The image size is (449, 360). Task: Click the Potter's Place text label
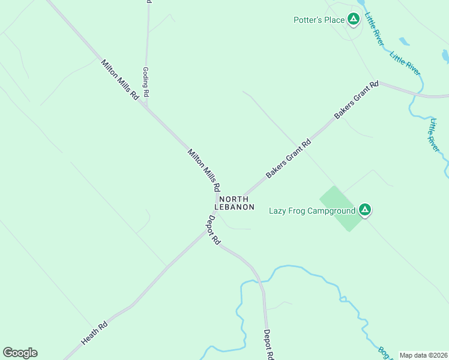click(x=319, y=20)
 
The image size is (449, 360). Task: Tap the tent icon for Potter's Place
click(x=354, y=20)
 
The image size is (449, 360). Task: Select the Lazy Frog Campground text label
click(x=311, y=210)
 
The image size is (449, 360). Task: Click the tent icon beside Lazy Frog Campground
click(x=364, y=210)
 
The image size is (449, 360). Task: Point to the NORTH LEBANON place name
click(x=236, y=203)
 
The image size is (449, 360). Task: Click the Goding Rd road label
click(x=145, y=82)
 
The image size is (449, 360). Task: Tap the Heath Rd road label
click(x=94, y=333)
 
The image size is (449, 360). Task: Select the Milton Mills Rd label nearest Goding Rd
click(x=119, y=79)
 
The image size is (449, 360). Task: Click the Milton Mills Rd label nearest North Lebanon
click(x=204, y=170)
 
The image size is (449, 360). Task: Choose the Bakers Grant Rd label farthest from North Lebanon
click(x=357, y=100)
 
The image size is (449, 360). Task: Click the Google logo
click(x=20, y=353)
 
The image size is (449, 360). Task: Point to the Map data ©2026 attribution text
click(x=424, y=355)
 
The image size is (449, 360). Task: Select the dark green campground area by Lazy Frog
click(x=340, y=208)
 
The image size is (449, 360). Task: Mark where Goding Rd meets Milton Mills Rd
click(x=146, y=106)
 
